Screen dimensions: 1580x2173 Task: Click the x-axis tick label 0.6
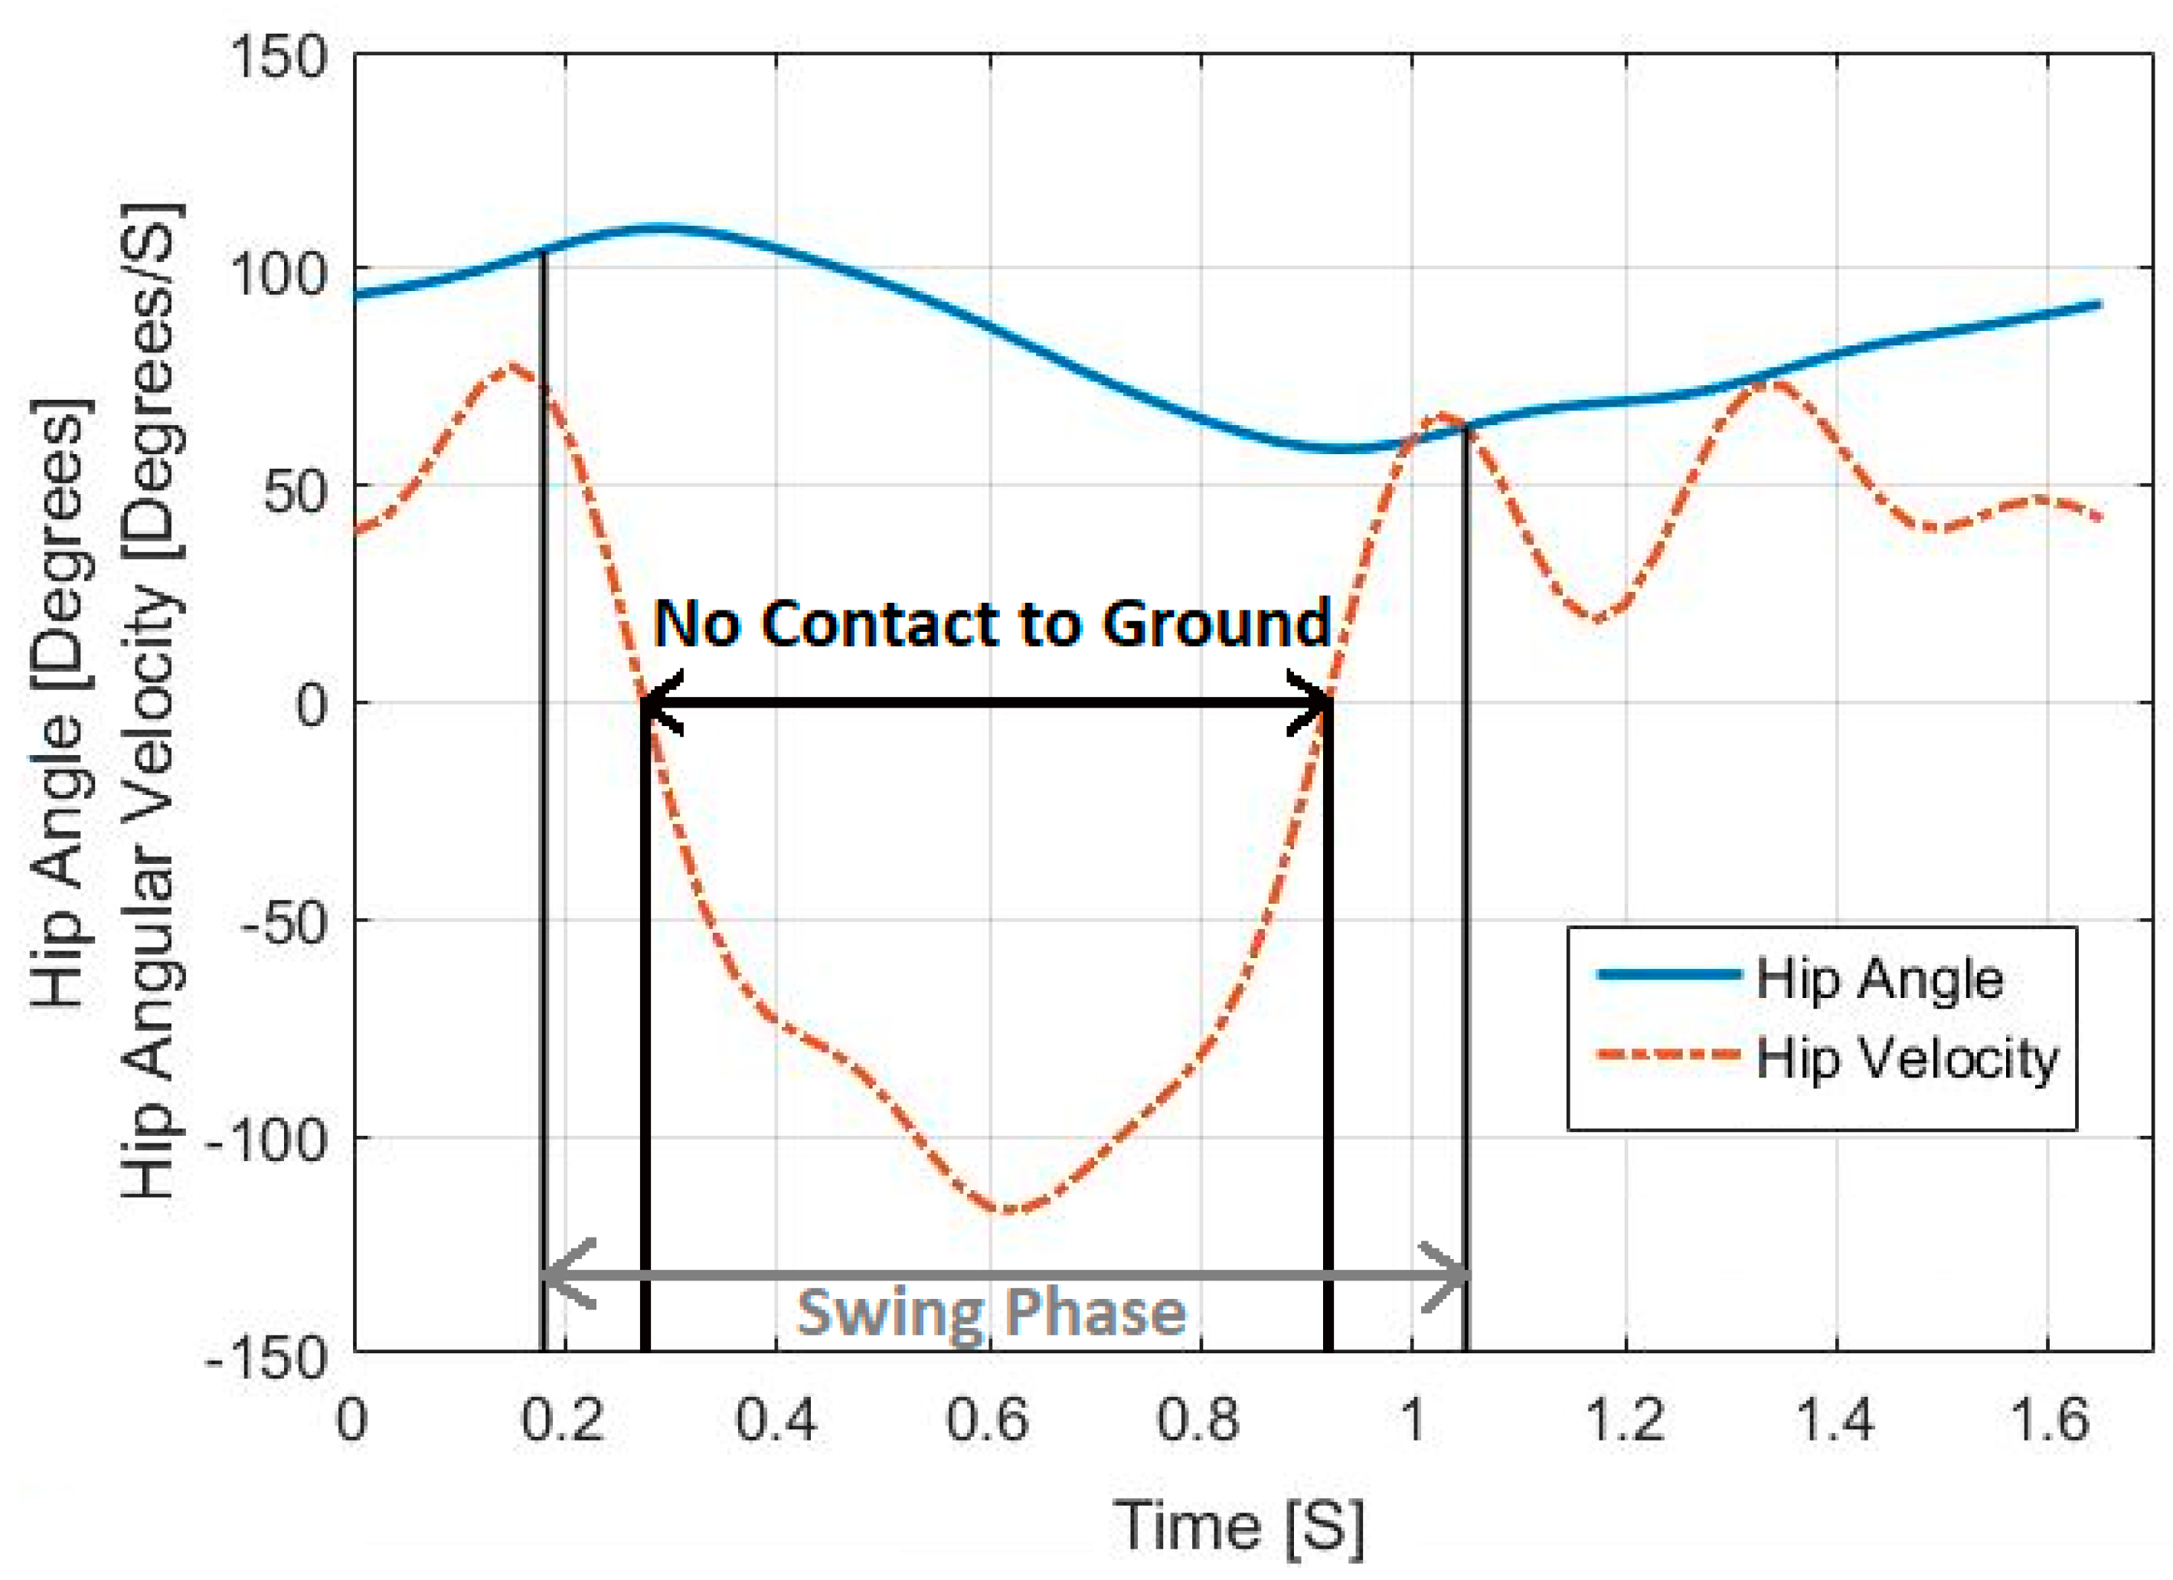987,1420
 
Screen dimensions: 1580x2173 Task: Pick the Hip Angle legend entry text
1879,980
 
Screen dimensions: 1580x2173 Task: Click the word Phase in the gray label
1093,1312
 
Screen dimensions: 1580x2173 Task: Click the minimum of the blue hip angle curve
1341,448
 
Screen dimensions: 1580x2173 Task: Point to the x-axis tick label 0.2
564,1420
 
